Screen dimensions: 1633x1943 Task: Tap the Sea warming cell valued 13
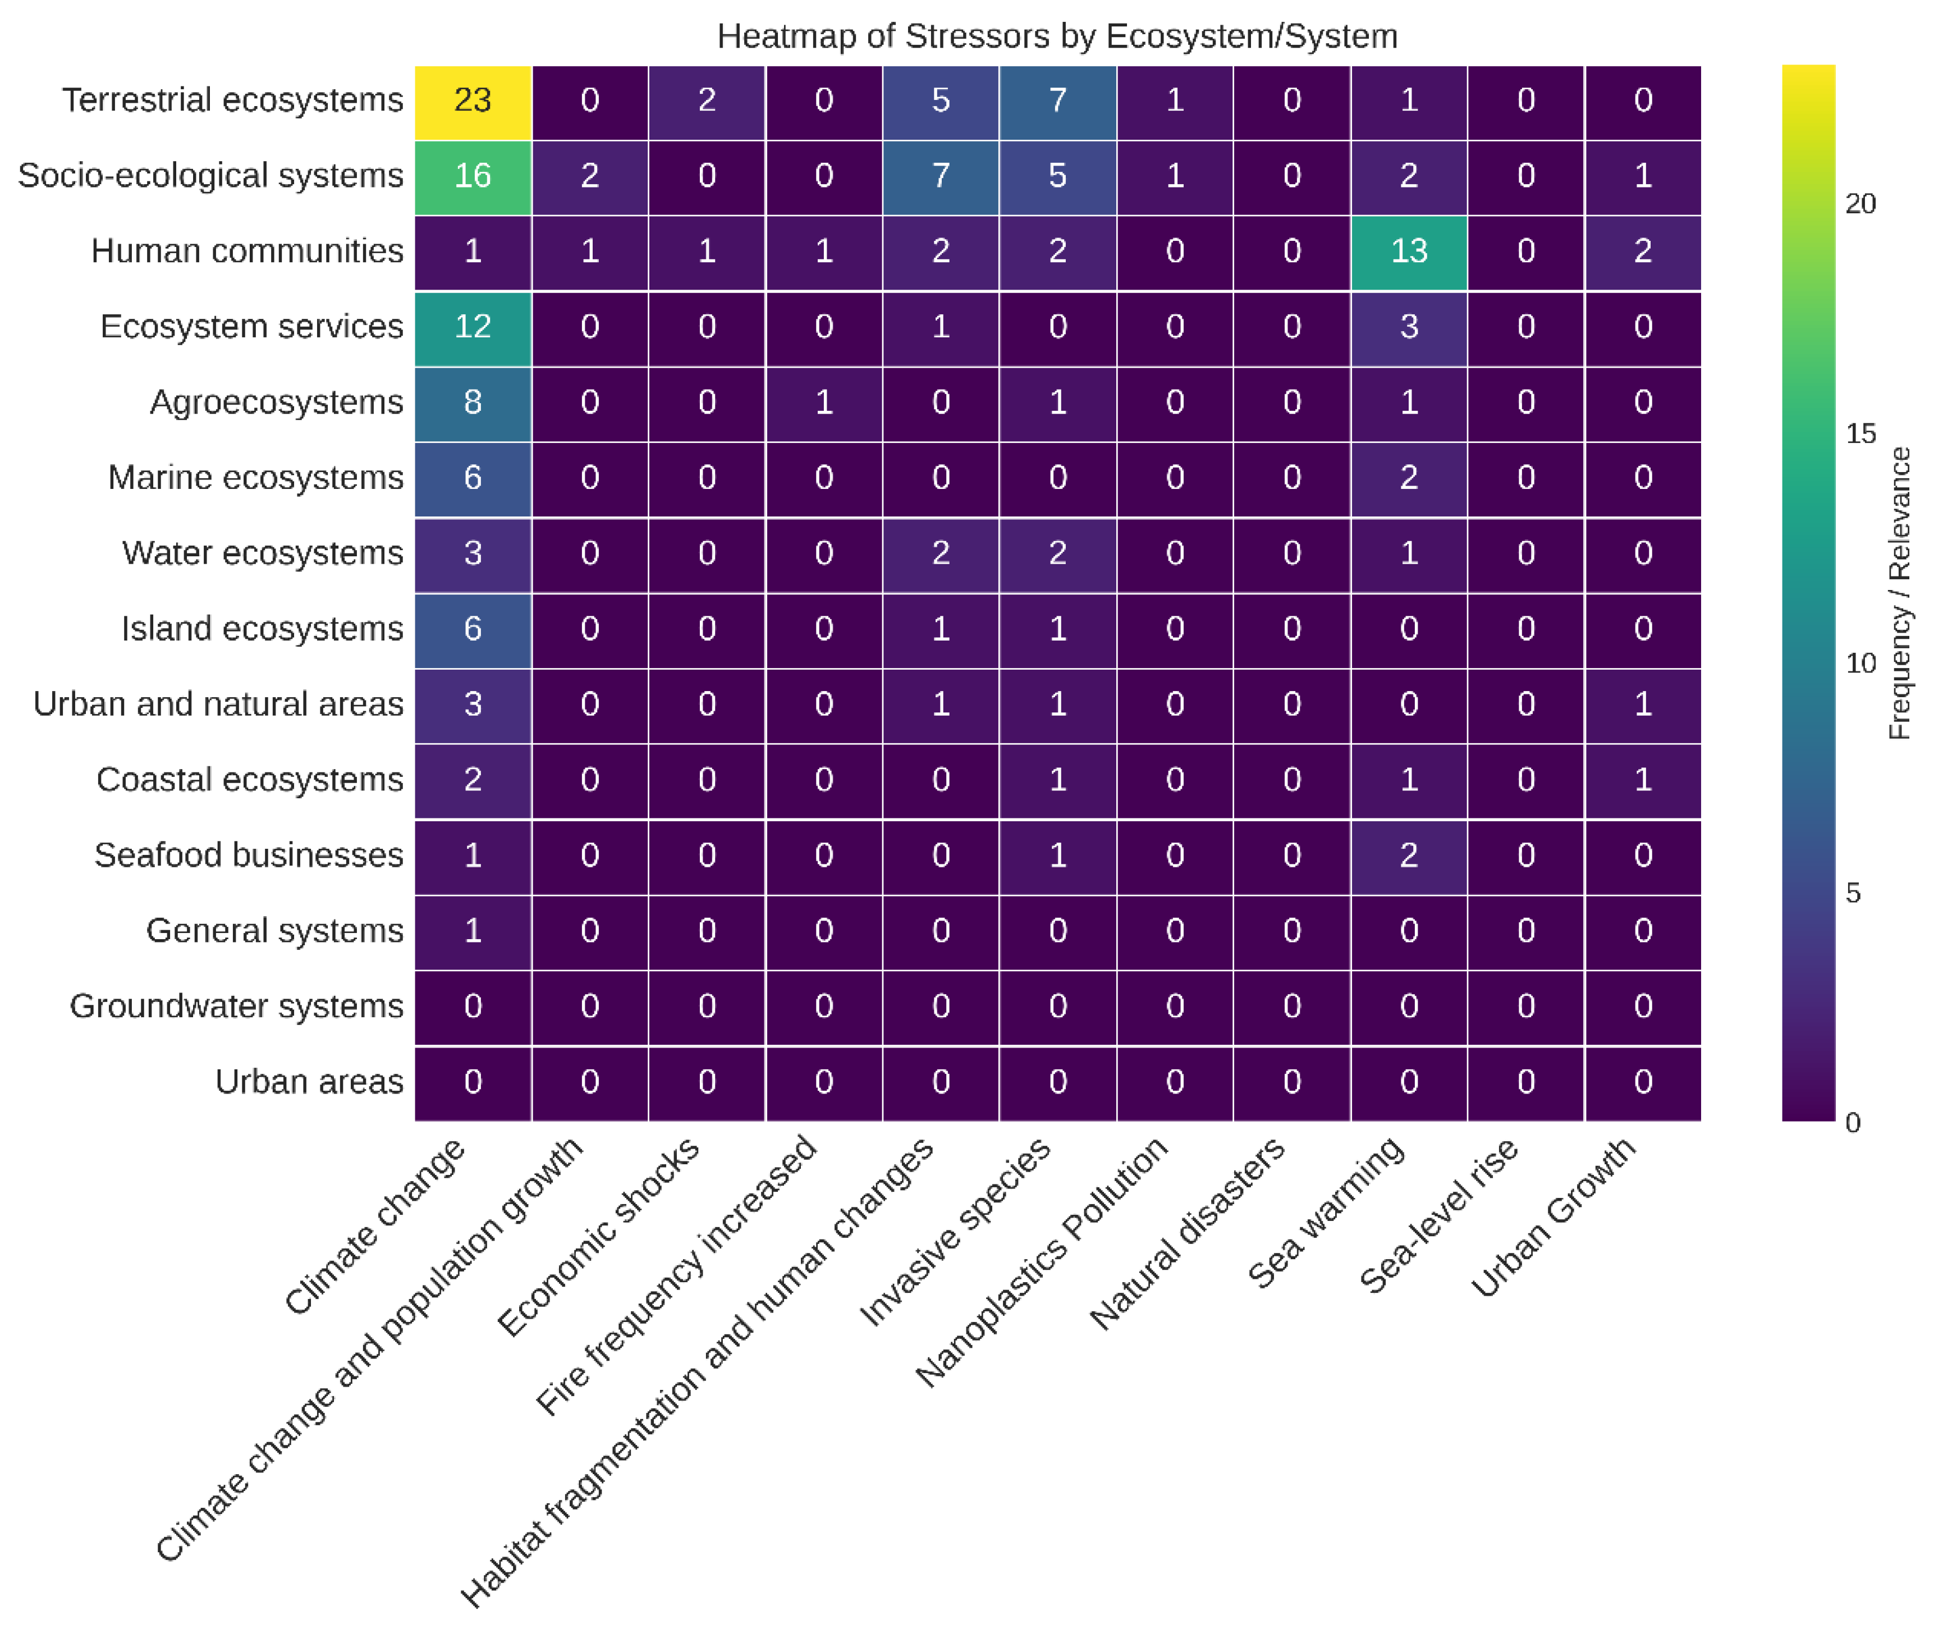pos(1408,251)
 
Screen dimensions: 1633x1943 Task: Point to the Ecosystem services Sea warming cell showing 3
pos(1408,327)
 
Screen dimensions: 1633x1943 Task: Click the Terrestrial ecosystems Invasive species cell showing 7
pos(1057,100)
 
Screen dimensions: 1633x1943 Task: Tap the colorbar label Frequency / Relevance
pos(1899,592)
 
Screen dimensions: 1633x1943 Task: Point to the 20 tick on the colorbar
pos(1860,204)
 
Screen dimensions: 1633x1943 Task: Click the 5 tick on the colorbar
pos(1852,893)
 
